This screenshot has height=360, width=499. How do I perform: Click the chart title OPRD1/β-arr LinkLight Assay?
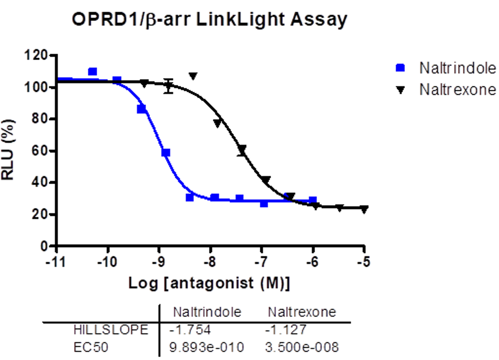(x=209, y=19)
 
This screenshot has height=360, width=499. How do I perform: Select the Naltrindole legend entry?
(x=457, y=68)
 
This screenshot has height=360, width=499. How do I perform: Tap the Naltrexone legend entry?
(x=457, y=90)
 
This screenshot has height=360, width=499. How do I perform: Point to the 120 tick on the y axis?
(x=35, y=55)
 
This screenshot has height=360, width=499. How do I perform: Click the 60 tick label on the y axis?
(x=40, y=150)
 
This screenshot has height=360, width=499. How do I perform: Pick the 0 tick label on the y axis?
(x=44, y=246)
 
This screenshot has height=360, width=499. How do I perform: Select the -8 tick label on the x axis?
(x=209, y=262)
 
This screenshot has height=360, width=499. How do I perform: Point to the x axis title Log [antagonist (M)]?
(x=209, y=283)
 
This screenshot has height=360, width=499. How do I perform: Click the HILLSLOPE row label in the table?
(x=111, y=330)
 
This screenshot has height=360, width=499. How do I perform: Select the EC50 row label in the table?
(x=91, y=347)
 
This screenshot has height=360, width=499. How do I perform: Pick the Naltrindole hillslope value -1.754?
(x=190, y=330)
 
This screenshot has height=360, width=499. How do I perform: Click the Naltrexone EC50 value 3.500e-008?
(x=302, y=347)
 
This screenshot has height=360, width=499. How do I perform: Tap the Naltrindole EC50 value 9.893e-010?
(x=207, y=347)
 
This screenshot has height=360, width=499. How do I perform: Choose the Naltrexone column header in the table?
(x=302, y=312)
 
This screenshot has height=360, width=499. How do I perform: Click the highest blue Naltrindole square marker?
(x=92, y=71)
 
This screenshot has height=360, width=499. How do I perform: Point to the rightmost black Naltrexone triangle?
(x=364, y=209)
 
